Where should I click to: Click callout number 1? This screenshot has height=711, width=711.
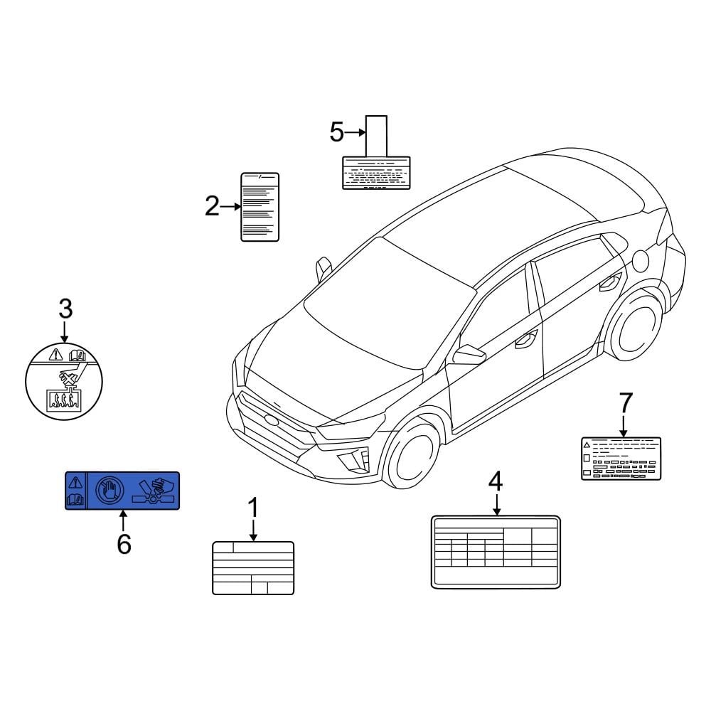click(x=253, y=508)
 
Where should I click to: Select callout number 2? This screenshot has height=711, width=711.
click(x=212, y=207)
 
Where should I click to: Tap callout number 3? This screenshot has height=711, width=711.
click(x=65, y=309)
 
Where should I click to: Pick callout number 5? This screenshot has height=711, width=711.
click(x=337, y=132)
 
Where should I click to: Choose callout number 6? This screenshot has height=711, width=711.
click(x=124, y=544)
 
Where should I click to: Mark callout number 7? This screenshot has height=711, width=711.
click(x=625, y=402)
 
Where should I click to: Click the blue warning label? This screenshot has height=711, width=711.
click(x=122, y=491)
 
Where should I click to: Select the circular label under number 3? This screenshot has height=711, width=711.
click(x=63, y=385)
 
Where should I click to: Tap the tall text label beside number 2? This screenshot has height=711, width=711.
click(x=260, y=207)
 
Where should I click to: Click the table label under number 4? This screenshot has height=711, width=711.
click(x=496, y=552)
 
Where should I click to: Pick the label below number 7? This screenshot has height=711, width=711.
click(x=621, y=459)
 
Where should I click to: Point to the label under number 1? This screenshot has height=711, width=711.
click(x=253, y=567)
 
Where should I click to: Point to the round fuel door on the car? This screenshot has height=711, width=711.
click(x=640, y=260)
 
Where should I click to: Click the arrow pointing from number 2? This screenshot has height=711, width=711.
click(x=232, y=207)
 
